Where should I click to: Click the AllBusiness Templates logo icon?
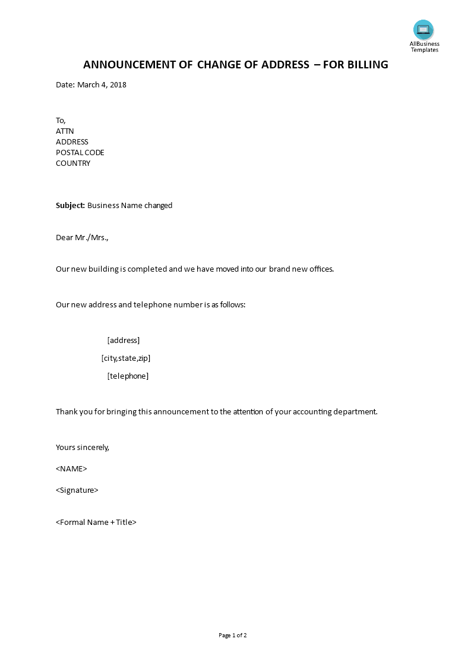423,30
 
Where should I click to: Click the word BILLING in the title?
365,65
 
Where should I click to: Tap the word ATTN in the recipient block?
65,131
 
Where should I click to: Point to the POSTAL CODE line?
80,152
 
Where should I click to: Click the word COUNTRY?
73,163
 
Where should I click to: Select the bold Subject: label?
71,206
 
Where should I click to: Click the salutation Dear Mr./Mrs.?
83,238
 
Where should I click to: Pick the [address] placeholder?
124,340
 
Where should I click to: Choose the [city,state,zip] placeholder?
126,358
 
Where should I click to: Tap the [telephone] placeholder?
128,376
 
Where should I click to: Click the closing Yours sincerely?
83,447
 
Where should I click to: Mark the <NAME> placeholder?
71,468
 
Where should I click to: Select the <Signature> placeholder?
77,490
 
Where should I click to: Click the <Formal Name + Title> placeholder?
96,522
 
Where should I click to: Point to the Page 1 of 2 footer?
233,635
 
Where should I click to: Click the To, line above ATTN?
61,120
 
